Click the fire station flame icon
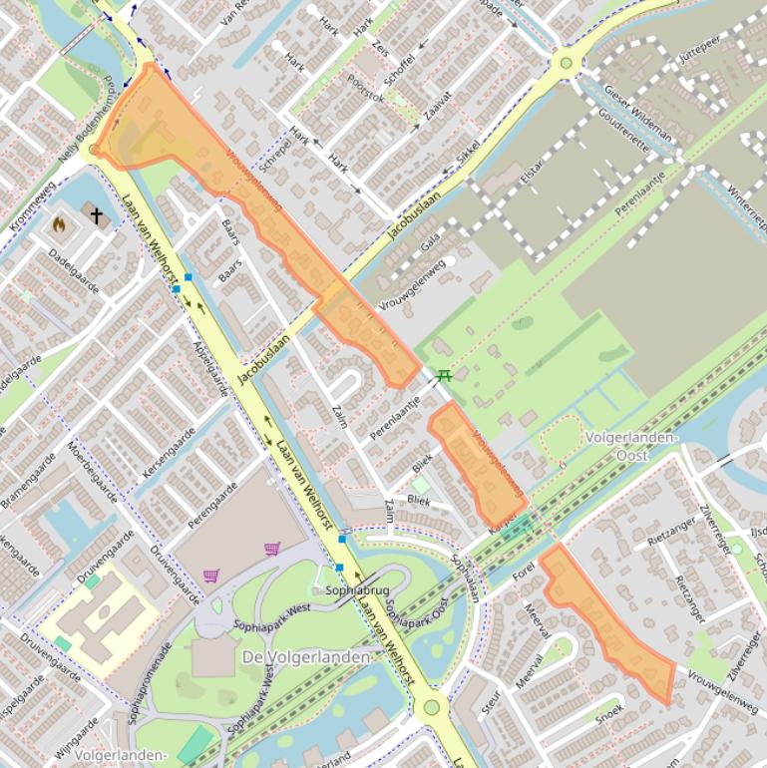[x=59, y=224]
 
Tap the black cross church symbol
[x=97, y=214]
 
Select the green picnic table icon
[x=444, y=375]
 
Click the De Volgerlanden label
[x=306, y=657]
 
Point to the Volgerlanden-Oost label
[x=631, y=446]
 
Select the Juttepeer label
[x=698, y=52]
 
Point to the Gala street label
[x=431, y=241]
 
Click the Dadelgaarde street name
[x=74, y=269]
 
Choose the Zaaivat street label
[x=437, y=108]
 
